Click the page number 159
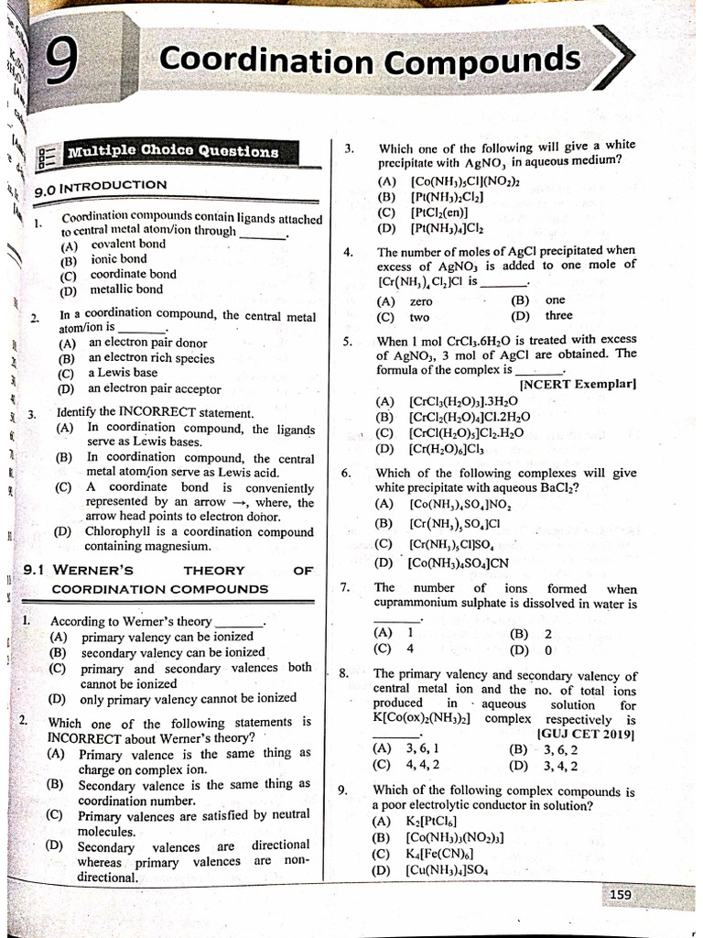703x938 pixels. [618, 893]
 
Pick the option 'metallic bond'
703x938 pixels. [126, 289]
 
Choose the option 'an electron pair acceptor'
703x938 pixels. [154, 388]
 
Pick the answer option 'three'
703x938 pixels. [558, 315]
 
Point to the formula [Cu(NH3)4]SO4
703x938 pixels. [449, 870]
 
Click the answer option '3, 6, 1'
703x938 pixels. [423, 749]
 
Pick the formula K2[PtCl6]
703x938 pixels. [430, 822]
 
